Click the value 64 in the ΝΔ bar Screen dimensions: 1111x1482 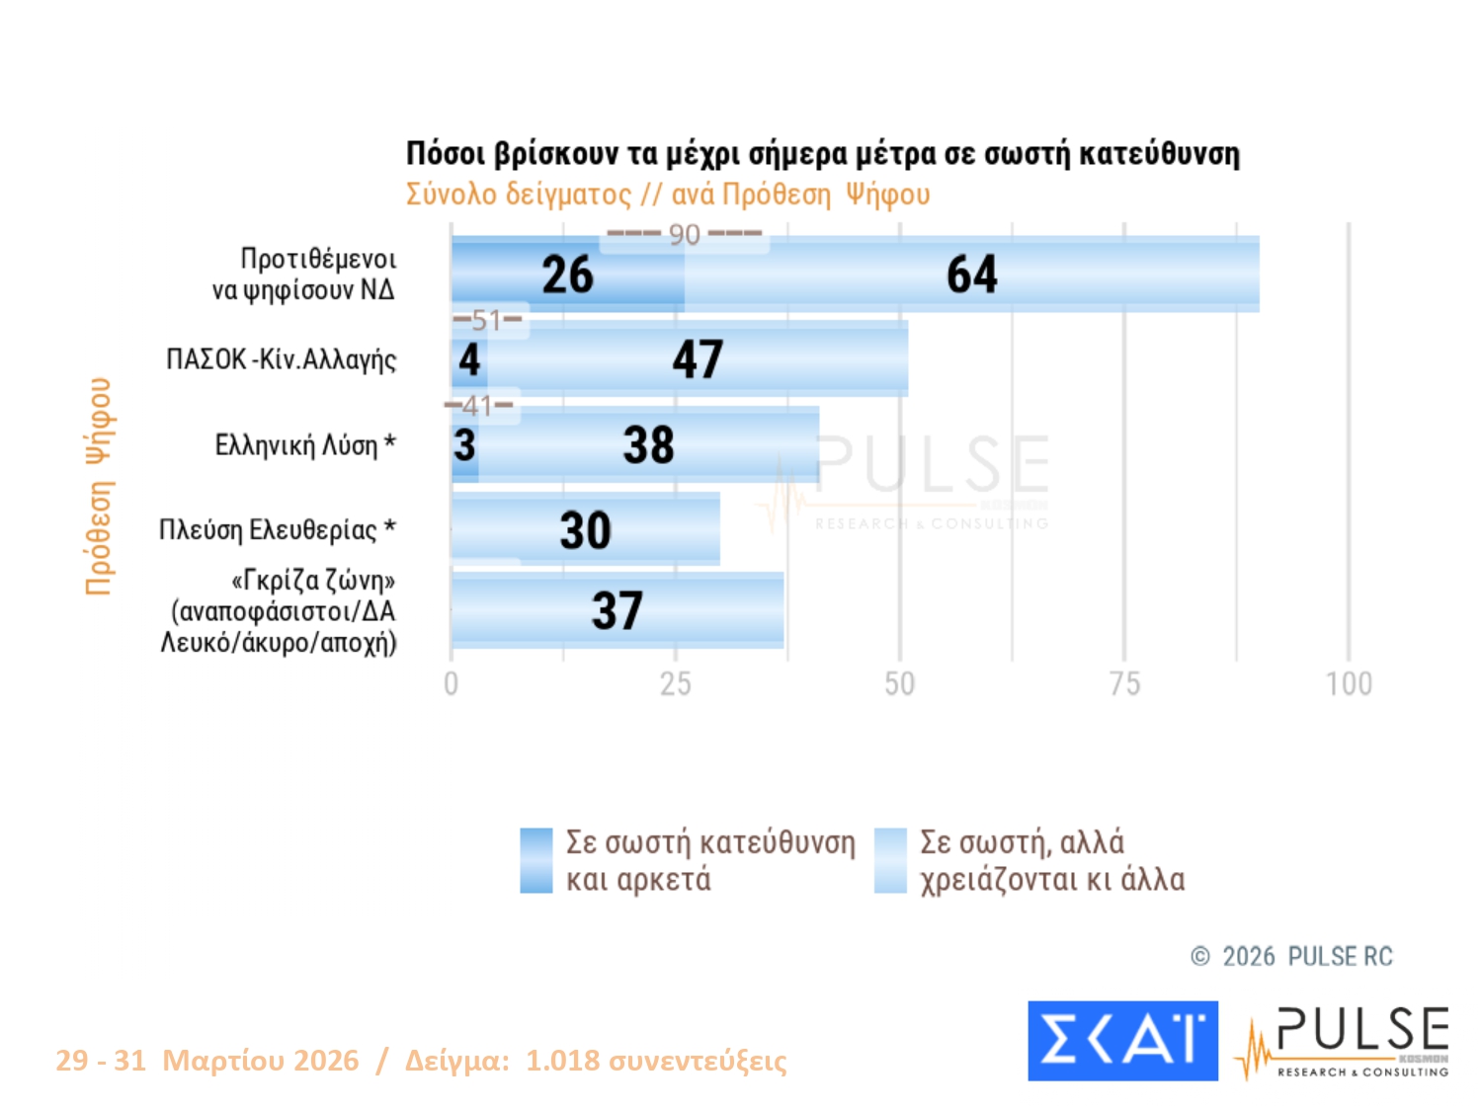point(972,275)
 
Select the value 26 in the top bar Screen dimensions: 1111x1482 point(567,275)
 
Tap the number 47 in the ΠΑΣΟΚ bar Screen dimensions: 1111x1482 point(698,359)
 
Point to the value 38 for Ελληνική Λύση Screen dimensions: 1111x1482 point(648,445)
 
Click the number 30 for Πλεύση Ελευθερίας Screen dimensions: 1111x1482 point(585,530)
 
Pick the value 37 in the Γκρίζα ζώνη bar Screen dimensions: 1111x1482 point(617,610)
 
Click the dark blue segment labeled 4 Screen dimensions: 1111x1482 point(469,359)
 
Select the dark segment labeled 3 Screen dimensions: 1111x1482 point(464,445)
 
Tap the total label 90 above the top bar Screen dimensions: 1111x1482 point(684,235)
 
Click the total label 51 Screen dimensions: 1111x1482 point(487,320)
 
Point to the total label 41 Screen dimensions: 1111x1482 point(478,405)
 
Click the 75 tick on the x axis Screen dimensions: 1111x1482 point(1124,683)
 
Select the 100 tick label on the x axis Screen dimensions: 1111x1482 point(1349,683)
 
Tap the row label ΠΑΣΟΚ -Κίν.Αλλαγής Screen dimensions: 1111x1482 point(281,359)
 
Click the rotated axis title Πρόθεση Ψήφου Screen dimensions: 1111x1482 point(99,486)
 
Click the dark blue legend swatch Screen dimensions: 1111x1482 point(535,860)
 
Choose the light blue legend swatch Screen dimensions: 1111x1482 point(890,860)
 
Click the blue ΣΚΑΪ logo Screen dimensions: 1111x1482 point(1122,1041)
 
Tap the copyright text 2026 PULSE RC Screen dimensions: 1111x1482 point(1306,956)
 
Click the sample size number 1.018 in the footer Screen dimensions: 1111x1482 point(562,1061)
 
